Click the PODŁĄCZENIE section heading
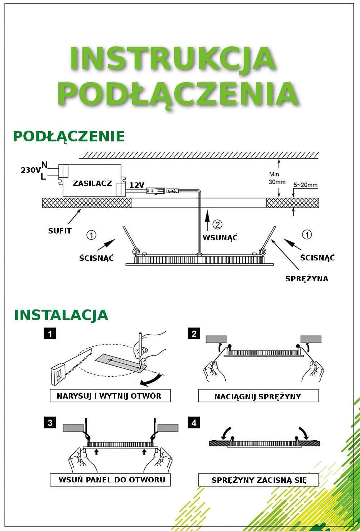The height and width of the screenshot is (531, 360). pyautogui.click(x=69, y=136)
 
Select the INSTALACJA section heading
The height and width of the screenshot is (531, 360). pyautogui.click(x=61, y=315)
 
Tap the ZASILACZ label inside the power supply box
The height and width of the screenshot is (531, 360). pyautogui.click(x=92, y=183)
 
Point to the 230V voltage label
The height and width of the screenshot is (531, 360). pyautogui.click(x=31, y=170)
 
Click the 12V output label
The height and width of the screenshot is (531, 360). pyautogui.click(x=137, y=185)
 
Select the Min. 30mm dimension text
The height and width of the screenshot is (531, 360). pyautogui.click(x=277, y=178)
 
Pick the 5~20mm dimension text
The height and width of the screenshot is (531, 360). pyautogui.click(x=305, y=185)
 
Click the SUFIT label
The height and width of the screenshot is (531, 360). pyautogui.click(x=59, y=231)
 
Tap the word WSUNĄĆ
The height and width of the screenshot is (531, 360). pyautogui.click(x=220, y=237)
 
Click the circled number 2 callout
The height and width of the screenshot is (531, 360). pyautogui.click(x=217, y=224)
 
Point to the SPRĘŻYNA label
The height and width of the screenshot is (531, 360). pyautogui.click(x=307, y=279)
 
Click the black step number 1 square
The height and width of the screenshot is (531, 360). pyautogui.click(x=50, y=334)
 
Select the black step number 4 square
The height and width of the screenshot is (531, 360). pyautogui.click(x=194, y=423)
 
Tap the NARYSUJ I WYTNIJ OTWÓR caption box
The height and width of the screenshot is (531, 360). pyautogui.click(x=110, y=396)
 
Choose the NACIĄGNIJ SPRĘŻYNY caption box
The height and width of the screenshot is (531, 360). pyautogui.click(x=258, y=396)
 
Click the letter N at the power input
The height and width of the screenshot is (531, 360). pyautogui.click(x=44, y=164)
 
